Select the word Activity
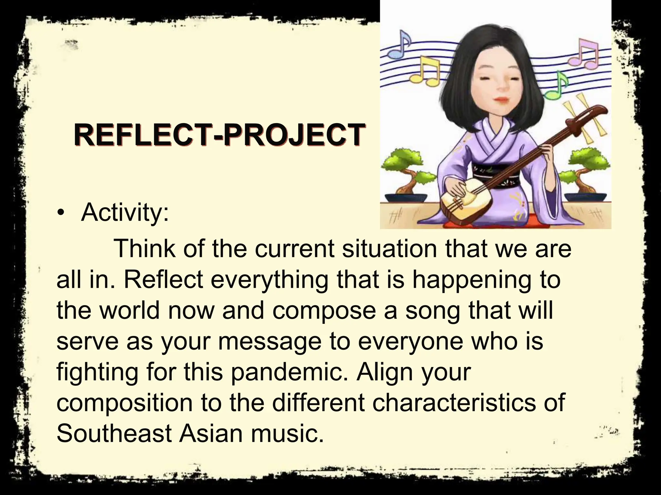pos(124,213)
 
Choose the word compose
pos(325,310)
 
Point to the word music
pos(287,433)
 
